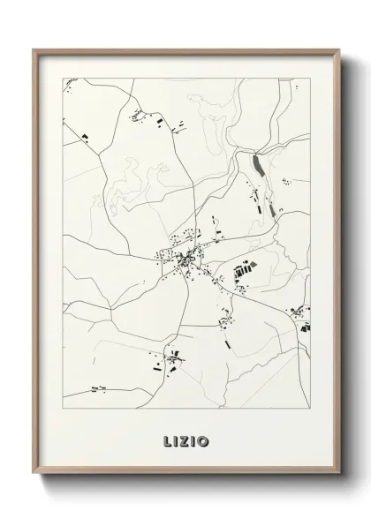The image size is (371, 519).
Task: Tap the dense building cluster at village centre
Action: tap(185, 260)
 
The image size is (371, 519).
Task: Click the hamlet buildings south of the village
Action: tap(170, 359)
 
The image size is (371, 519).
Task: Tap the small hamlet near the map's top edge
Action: tap(137, 113)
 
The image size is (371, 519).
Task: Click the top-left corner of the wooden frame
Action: tap(34, 49)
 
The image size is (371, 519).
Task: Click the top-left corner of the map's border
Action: tap(63, 79)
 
